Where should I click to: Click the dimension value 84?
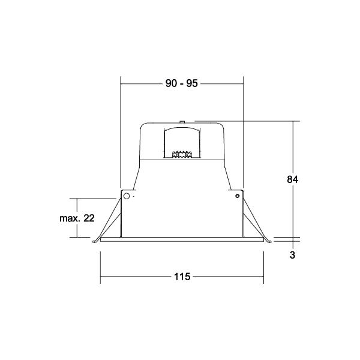pos(293,179)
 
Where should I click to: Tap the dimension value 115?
pos(182,277)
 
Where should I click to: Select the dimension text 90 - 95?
pos(182,83)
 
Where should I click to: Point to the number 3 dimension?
pos(292,255)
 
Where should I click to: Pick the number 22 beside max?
pos(89,218)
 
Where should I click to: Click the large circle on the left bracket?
pos(127,196)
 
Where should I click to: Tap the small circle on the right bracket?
pos(238,196)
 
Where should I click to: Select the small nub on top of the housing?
pos(182,121)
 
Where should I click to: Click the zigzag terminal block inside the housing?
pos(182,154)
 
